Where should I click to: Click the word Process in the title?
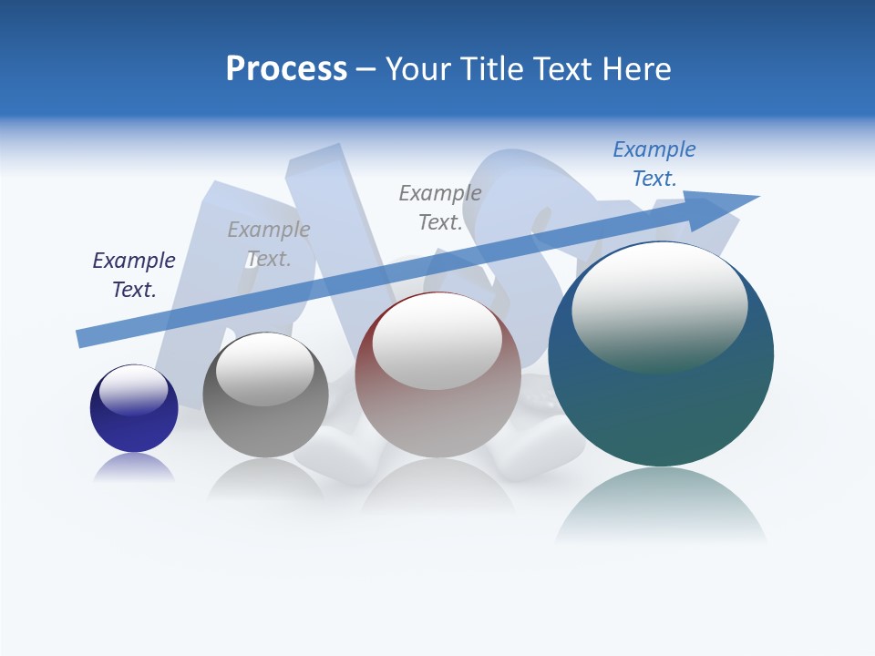[286, 69]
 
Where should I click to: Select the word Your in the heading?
[418, 69]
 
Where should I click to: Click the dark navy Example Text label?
[134, 275]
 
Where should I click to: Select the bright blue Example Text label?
[654, 164]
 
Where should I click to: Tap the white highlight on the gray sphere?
[265, 367]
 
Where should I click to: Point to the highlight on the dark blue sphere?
[134, 390]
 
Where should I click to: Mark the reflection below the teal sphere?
[661, 506]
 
